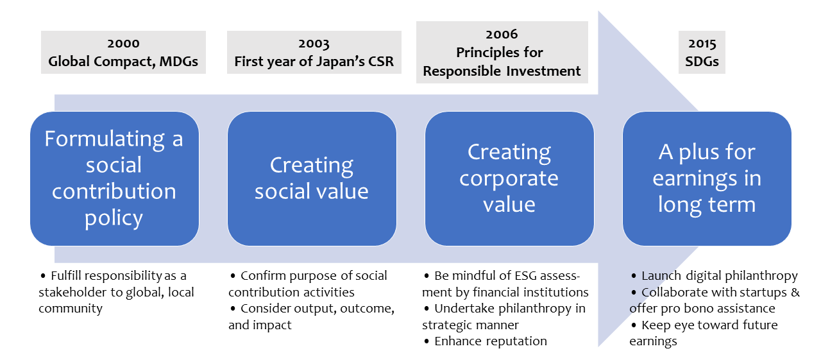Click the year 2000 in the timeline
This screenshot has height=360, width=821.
coord(123,44)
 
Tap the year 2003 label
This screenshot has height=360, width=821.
coord(314,44)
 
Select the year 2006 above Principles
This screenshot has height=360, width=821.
coord(502,35)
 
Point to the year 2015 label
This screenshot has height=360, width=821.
coord(702,44)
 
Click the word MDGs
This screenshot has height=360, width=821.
coord(178,61)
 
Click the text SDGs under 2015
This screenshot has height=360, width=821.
coord(702,61)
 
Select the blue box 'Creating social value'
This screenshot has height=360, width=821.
coord(312,178)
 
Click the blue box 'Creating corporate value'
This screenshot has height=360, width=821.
coord(509,178)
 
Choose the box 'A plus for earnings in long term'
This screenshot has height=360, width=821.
coord(707,178)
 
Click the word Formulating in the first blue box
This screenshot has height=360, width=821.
coord(105,140)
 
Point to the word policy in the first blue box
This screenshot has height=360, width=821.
coord(114,218)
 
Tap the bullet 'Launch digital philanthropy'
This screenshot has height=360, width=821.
coord(714,276)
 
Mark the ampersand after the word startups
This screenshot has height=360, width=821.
coord(795,292)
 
